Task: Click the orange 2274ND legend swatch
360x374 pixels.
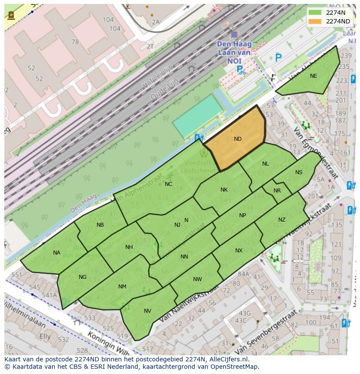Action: click(x=315, y=21)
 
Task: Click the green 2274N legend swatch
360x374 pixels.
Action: click(x=315, y=13)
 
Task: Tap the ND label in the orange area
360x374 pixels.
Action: click(x=237, y=139)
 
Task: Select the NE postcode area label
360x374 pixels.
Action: click(x=313, y=76)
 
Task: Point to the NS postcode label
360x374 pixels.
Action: click(x=299, y=172)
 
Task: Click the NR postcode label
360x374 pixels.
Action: click(x=277, y=191)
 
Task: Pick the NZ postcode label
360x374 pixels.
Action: click(x=282, y=220)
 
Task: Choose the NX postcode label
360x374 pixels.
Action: click(x=239, y=251)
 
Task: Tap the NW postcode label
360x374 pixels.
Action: click(x=197, y=279)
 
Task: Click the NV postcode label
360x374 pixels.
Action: click(x=147, y=311)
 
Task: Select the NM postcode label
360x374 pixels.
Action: click(x=122, y=287)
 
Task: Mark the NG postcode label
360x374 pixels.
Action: click(x=83, y=277)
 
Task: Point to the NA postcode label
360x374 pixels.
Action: click(x=57, y=253)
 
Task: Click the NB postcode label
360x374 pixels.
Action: click(x=100, y=225)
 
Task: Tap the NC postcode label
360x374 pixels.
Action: click(x=168, y=184)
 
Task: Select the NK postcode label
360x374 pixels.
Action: click(x=224, y=190)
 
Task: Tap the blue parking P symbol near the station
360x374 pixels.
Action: click(x=278, y=57)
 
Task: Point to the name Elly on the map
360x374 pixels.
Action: click(x=45, y=337)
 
